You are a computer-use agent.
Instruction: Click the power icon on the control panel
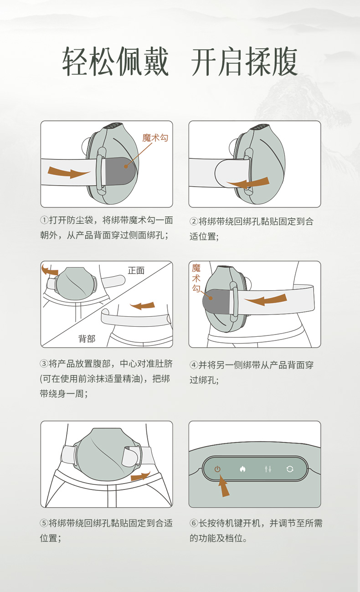(x=217, y=469)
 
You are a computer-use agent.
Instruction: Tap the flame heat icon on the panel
(x=242, y=469)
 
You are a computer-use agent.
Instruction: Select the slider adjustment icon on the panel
(x=268, y=469)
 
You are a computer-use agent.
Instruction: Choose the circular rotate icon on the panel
(x=290, y=469)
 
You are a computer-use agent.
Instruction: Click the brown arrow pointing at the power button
(x=224, y=486)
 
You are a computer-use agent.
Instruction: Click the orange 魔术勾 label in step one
(x=155, y=138)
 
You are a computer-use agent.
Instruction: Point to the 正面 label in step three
(x=136, y=270)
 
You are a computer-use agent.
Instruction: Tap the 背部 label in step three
(x=87, y=339)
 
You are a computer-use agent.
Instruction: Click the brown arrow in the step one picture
(x=69, y=172)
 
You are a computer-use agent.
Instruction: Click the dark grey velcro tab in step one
(x=120, y=171)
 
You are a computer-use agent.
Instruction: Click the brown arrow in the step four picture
(x=265, y=300)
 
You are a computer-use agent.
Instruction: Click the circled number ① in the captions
(x=44, y=220)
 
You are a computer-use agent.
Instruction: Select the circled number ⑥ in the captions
(x=194, y=523)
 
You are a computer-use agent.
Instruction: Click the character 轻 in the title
(x=75, y=62)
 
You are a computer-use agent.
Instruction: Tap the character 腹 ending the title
(x=284, y=62)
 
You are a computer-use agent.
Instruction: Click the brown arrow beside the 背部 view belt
(x=143, y=306)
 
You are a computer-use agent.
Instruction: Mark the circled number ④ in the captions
(x=194, y=365)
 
